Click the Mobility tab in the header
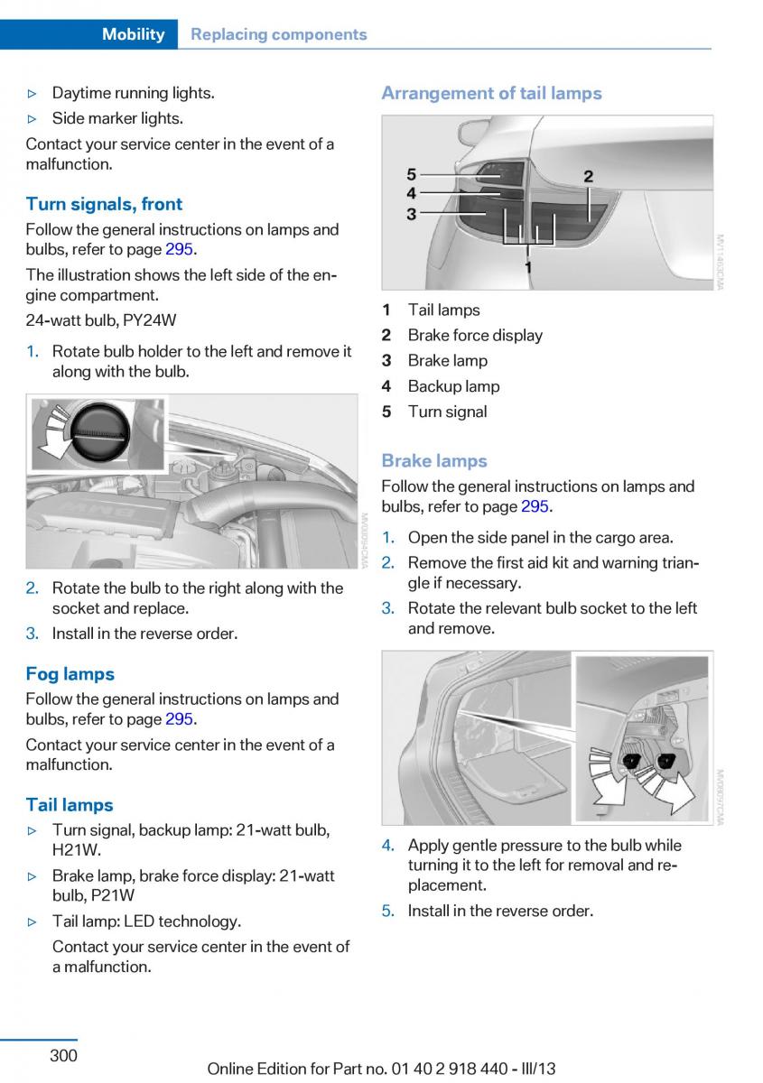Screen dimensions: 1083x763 pos(133,34)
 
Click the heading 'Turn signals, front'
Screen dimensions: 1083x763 pos(104,204)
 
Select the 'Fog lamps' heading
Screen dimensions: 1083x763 pos(70,673)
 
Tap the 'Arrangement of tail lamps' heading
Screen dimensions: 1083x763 pos(491,93)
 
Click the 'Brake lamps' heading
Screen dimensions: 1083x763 pos(433,460)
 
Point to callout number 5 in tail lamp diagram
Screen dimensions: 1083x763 pos(411,173)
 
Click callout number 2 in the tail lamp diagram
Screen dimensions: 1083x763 pos(588,176)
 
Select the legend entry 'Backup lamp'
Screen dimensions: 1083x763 pos(453,386)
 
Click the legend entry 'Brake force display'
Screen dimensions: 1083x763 pos(475,336)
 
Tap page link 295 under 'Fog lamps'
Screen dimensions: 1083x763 pos(179,719)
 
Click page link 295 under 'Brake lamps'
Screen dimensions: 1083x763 pos(535,506)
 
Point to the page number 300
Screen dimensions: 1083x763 pos(63,1055)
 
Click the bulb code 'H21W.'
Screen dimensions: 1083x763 pos(76,850)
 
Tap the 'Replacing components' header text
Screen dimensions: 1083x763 pos(279,34)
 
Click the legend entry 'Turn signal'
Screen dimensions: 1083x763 pos(447,412)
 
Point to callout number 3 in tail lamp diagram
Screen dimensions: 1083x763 pos(411,214)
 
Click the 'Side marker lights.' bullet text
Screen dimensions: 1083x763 pos(117,118)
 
